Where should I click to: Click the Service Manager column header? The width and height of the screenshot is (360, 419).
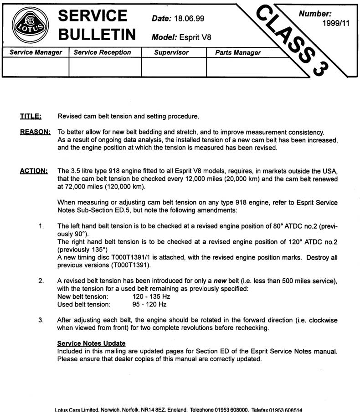coord(36,52)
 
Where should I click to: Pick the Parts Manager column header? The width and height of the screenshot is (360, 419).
coord(238,53)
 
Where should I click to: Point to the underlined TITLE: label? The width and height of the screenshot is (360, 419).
coord(31,116)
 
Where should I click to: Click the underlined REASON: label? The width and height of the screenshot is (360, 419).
coord(35,133)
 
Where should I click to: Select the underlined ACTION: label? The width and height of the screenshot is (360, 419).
coord(34,171)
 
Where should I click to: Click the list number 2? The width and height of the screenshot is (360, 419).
coord(41,281)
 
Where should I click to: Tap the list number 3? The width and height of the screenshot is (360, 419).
coord(41,320)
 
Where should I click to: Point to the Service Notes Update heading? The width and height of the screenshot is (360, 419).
coord(91,343)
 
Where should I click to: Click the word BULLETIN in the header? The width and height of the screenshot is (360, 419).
coord(97,35)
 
